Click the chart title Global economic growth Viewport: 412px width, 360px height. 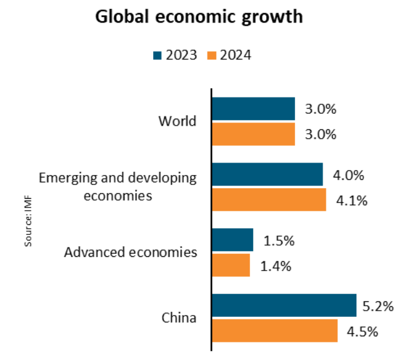199,17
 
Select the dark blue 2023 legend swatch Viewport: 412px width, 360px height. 158,55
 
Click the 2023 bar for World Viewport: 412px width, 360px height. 253,109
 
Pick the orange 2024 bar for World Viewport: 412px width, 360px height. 253,134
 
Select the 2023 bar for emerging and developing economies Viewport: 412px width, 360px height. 267,174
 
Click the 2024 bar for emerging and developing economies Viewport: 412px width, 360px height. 269,199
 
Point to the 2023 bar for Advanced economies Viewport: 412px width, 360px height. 233,240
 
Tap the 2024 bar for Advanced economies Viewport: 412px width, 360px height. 231,265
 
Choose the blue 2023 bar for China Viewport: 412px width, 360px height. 284,306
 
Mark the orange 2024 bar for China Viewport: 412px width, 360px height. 274,331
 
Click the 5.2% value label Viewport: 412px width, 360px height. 378,306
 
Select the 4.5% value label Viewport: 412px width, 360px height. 362,331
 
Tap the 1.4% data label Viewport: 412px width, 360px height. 274,266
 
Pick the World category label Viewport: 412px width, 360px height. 177,121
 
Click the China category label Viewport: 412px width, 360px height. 179,318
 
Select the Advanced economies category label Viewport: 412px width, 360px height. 131,252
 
